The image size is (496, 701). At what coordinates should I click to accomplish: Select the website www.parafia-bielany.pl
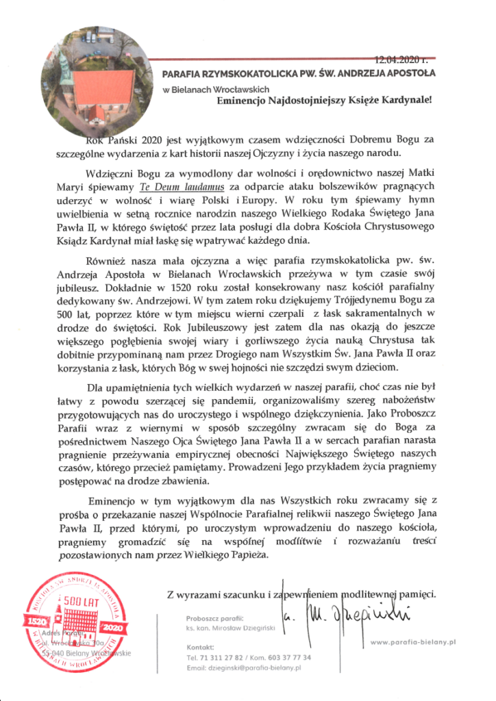[412, 641]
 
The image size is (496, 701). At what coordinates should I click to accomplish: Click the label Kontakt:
[201, 646]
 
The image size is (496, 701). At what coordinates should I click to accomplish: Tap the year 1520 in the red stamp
[34, 620]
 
